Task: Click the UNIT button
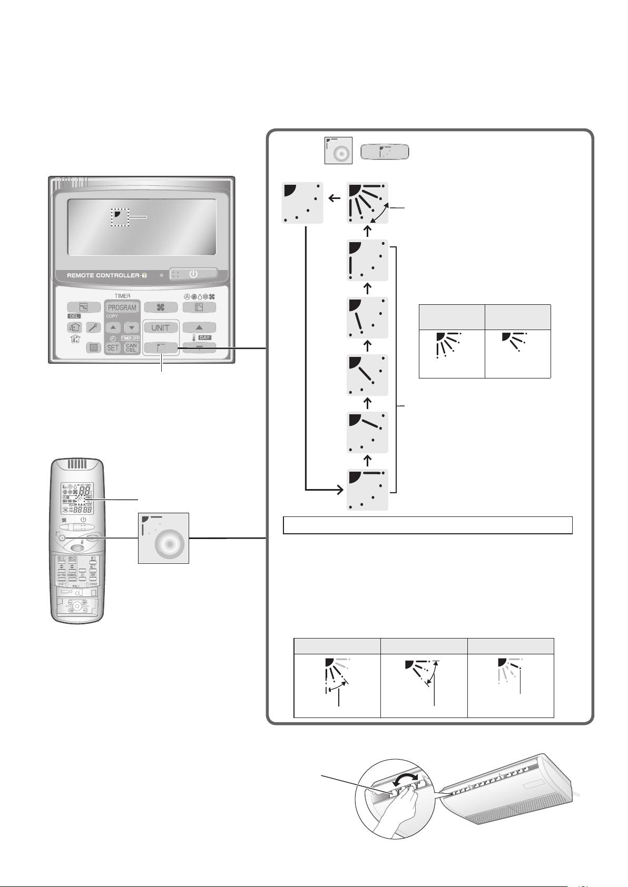click(x=160, y=327)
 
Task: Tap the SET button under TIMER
click(x=113, y=347)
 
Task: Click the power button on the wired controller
click(x=193, y=274)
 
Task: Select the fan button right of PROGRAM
click(x=160, y=307)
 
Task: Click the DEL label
click(x=74, y=316)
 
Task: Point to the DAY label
click(x=205, y=337)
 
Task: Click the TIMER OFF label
click(x=130, y=338)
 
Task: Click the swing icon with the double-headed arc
click(x=368, y=203)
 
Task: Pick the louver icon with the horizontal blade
click(x=368, y=489)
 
